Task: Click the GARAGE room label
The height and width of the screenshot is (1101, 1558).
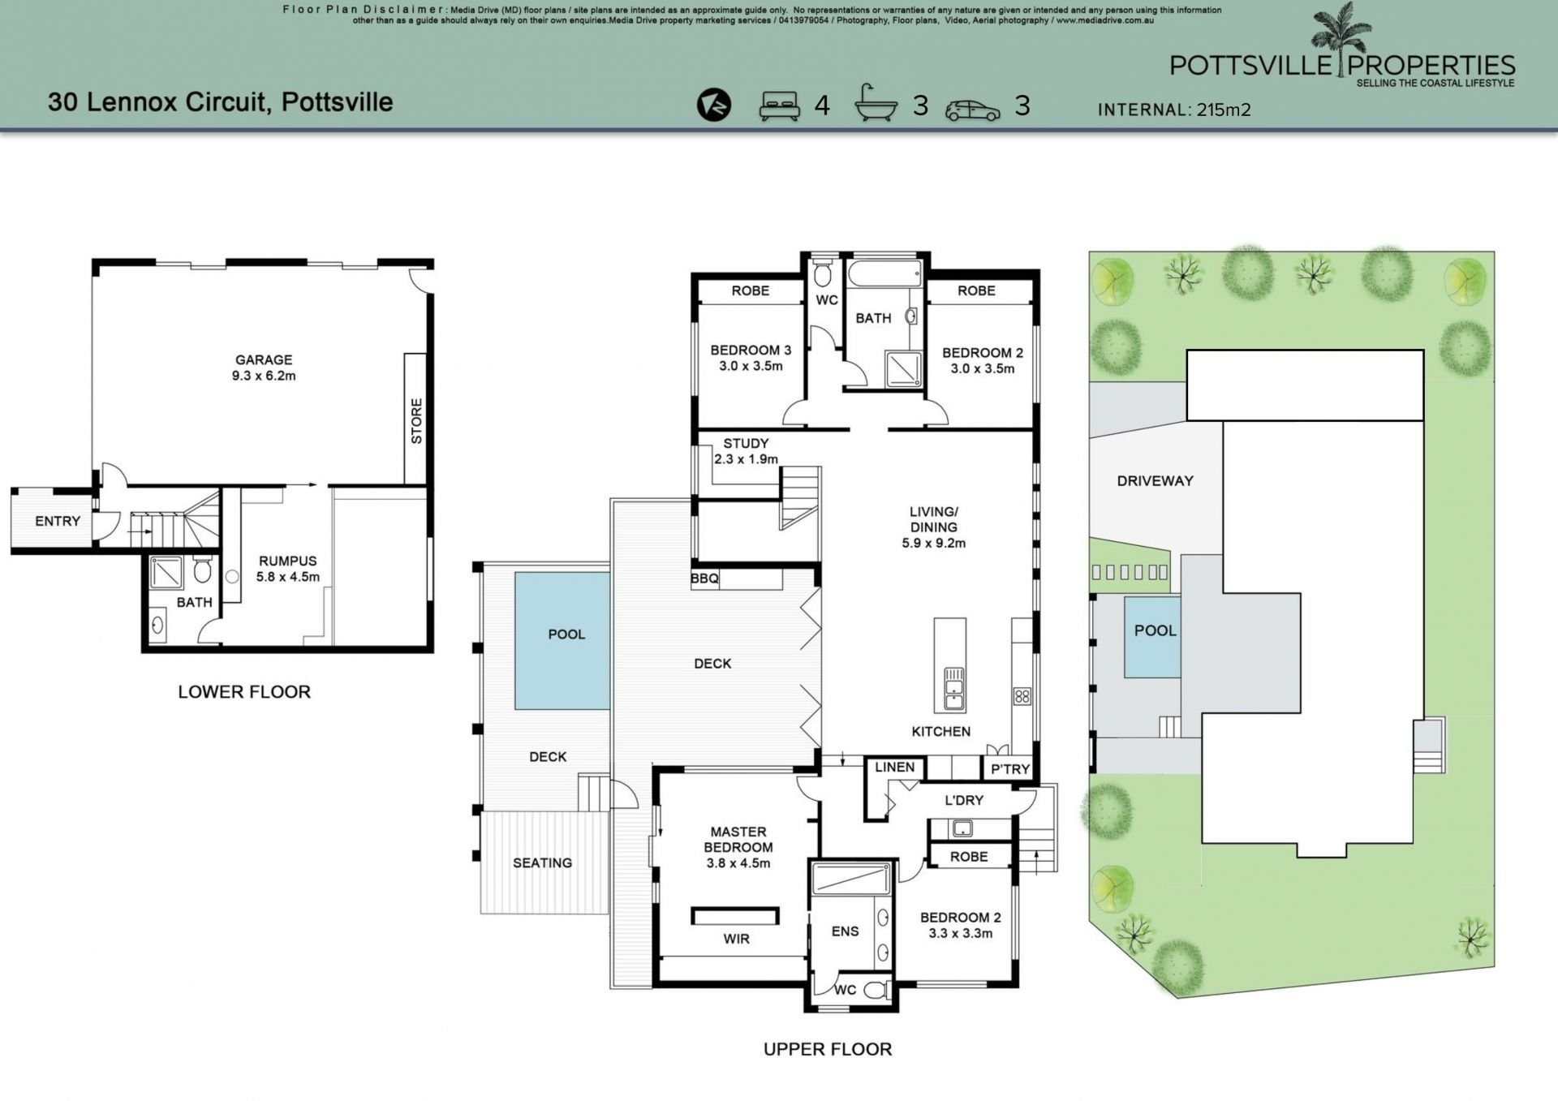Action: tap(264, 359)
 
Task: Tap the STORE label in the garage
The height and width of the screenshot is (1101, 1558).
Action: tap(416, 421)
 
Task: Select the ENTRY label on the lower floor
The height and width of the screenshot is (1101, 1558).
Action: tap(58, 521)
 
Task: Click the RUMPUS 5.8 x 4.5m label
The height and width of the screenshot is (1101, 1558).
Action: tap(288, 569)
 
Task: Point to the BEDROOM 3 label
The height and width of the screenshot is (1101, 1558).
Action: tap(751, 351)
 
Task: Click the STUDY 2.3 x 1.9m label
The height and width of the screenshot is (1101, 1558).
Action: tap(746, 451)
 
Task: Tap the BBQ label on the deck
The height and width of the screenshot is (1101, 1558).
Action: tap(704, 578)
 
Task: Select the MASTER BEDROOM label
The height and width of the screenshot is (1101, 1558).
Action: tap(738, 839)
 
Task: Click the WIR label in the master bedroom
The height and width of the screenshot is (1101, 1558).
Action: tap(737, 939)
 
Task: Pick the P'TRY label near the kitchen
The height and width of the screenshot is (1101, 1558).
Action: tap(1010, 768)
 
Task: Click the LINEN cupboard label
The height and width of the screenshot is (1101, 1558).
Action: tap(895, 767)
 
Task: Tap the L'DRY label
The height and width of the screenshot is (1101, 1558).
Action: tap(964, 800)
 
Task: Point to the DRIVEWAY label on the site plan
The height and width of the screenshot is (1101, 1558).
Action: tap(1155, 480)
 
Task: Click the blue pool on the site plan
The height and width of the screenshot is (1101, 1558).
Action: tap(1152, 637)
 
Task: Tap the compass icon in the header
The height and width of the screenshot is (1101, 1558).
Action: tap(714, 105)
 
